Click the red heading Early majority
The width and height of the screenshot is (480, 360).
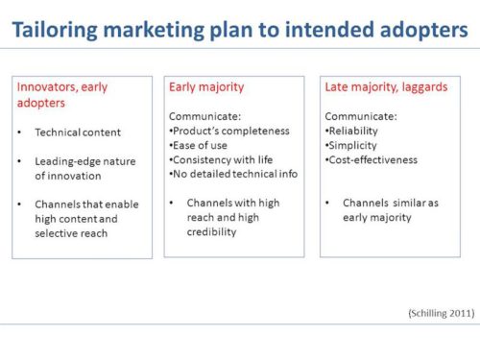pos(206,86)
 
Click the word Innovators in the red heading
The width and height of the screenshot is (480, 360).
pos(45,86)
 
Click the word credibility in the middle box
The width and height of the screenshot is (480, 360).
pos(212,231)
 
